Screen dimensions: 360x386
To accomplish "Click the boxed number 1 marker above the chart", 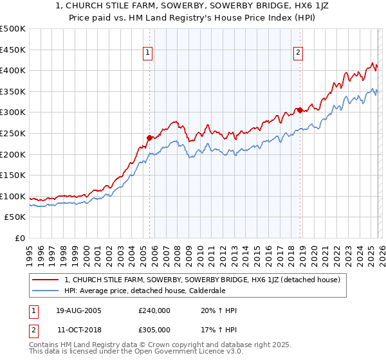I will tap(149, 53).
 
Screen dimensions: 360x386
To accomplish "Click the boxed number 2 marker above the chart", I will tap(299, 53).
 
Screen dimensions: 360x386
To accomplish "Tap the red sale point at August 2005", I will tap(149, 137).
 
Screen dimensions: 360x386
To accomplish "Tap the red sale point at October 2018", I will tap(300, 110).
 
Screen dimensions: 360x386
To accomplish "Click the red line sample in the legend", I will tap(46, 280).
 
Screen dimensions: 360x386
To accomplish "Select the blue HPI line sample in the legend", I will tap(46, 291).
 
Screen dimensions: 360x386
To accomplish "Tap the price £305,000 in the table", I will tap(154, 329).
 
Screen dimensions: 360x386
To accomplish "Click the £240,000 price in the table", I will tap(154, 310).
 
